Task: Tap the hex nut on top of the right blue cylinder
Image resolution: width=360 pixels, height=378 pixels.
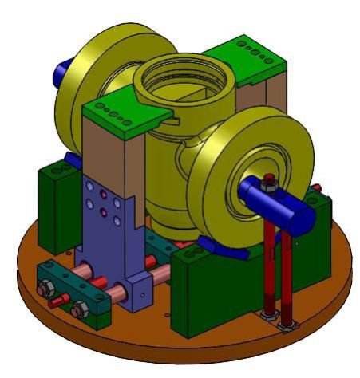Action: [x=270, y=180]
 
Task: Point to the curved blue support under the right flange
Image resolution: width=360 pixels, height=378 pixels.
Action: [x=216, y=242]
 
